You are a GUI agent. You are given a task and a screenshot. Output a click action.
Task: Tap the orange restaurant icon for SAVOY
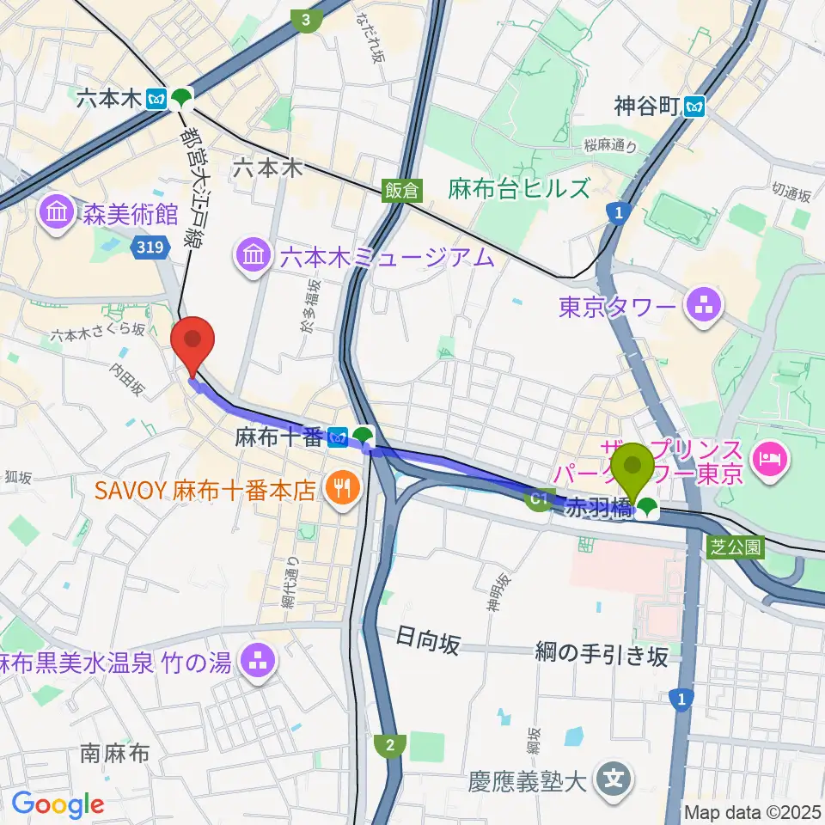pos(342,490)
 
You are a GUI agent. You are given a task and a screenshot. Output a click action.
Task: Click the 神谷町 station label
pos(646,107)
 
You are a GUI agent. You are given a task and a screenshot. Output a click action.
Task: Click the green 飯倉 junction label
pos(401,191)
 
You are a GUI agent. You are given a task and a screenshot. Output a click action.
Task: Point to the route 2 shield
pos(391,744)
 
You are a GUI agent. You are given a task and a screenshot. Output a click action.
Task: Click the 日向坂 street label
pos(428,640)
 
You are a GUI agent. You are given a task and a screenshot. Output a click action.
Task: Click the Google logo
pos(58,804)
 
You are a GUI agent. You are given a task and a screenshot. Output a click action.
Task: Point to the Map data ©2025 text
pos(753,811)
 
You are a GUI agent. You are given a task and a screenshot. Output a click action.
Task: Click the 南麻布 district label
pos(116,754)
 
